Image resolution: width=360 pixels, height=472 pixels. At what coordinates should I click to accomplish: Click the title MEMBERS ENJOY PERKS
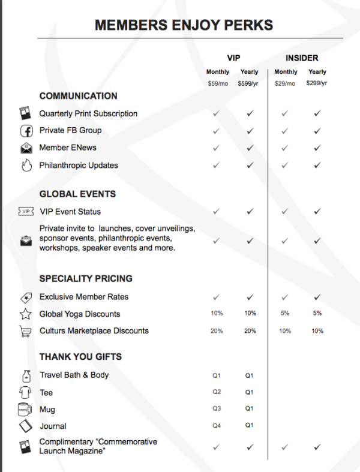coord(184,25)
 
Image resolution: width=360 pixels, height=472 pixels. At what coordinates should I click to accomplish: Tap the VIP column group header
coord(233,58)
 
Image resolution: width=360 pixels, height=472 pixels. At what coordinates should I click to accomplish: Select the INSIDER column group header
coord(302,58)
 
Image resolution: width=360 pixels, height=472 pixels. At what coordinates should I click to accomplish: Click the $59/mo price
coord(217,83)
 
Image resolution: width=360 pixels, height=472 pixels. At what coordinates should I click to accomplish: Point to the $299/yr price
coord(317,83)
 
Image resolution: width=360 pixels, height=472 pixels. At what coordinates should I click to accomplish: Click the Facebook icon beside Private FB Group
coord(26,131)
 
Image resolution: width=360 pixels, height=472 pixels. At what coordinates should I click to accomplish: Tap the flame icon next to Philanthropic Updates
coord(26,166)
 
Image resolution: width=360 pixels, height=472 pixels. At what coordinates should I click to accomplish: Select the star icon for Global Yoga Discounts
coord(26,314)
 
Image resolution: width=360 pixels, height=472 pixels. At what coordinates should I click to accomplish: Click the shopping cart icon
coord(26,331)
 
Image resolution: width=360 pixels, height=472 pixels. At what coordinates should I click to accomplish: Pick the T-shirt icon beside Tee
coord(26,392)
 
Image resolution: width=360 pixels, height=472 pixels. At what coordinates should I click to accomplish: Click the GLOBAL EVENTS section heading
coord(77,194)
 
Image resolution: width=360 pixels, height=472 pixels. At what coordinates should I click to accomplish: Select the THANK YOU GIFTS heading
coord(80,357)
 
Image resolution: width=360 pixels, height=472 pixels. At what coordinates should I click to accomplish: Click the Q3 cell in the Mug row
coord(217,409)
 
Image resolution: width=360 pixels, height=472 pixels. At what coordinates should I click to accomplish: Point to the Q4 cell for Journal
coord(217,426)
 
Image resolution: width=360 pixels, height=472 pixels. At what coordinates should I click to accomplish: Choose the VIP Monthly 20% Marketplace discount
coord(217,331)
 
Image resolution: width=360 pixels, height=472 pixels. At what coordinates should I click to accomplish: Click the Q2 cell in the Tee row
coord(217,392)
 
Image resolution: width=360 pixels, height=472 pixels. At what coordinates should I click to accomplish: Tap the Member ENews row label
coord(68,148)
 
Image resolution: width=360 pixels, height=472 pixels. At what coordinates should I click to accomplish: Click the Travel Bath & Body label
coord(74,375)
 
